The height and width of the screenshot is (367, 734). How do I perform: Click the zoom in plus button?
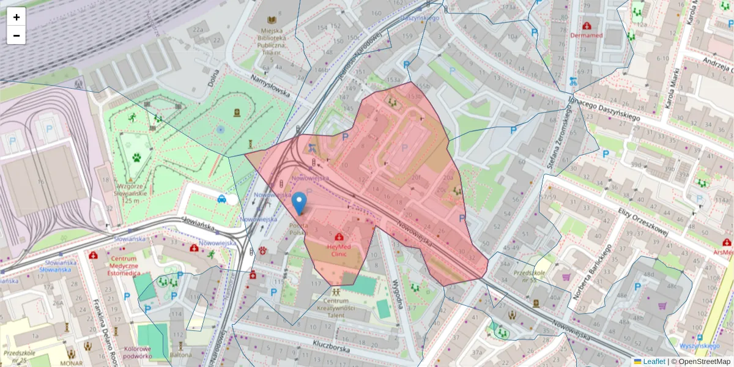(x=17, y=17)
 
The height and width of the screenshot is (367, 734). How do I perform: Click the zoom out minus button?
(x=17, y=35)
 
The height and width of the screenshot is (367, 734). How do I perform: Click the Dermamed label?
(x=587, y=35)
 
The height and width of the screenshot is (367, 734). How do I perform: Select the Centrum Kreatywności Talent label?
(x=336, y=308)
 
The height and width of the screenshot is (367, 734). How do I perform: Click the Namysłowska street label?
(x=270, y=86)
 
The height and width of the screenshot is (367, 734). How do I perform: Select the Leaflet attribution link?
(x=653, y=361)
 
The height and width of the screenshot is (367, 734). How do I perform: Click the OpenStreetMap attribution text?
(x=703, y=361)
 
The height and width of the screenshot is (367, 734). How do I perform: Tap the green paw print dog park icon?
(x=136, y=157)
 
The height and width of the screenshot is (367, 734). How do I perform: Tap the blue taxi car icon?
(x=221, y=198)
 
